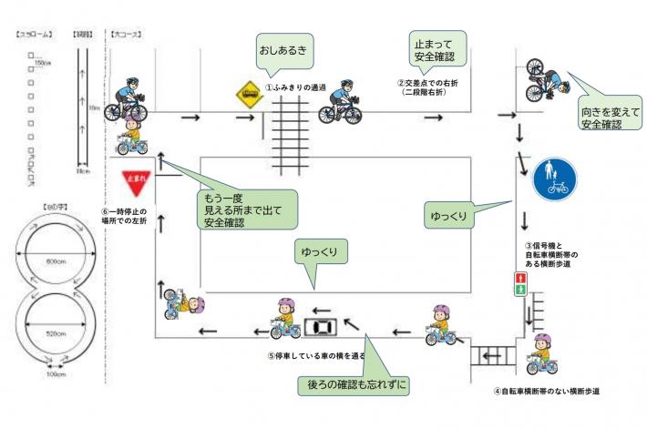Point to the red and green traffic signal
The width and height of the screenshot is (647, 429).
click(520, 283)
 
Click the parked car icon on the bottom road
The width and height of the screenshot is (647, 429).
click(320, 327)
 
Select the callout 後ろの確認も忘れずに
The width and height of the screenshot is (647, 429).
click(354, 385)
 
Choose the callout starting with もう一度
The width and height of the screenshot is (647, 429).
click(247, 209)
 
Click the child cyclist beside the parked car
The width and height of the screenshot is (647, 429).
click(284, 319)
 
